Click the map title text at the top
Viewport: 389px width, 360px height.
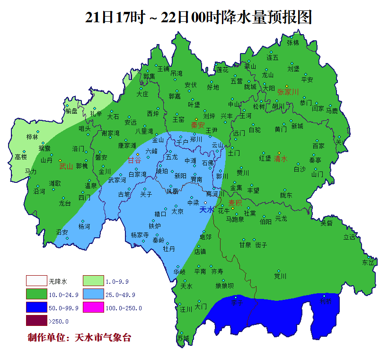click(199, 18)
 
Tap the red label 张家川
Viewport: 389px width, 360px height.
click(288, 92)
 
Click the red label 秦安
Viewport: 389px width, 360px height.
click(197, 126)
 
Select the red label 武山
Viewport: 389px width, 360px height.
click(66, 166)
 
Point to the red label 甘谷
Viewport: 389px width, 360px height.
click(134, 160)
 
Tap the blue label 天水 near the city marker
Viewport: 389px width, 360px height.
click(207, 209)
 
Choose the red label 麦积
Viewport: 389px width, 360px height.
click(235, 203)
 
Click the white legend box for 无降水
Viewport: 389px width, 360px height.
click(36, 281)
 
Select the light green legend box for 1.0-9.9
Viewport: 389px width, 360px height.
click(93, 281)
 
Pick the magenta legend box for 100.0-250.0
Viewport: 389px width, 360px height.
click(93, 307)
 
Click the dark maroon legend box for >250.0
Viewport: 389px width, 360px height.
click(36, 321)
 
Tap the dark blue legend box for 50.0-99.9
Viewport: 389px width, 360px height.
click(36, 307)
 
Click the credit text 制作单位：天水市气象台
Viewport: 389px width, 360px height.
click(79, 338)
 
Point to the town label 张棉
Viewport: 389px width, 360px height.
click(293, 43)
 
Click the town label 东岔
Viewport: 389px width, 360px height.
click(368, 262)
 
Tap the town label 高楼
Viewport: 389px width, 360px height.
click(21, 157)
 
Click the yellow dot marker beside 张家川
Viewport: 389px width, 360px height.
click(286, 86)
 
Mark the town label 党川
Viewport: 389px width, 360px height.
click(280, 276)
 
